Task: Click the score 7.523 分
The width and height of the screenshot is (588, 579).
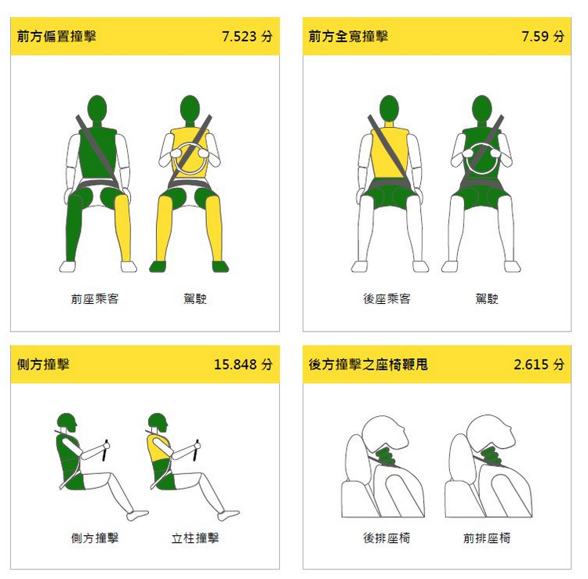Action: click(x=247, y=36)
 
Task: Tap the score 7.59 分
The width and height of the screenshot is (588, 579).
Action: click(x=543, y=36)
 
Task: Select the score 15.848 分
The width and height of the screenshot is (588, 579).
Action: click(x=243, y=364)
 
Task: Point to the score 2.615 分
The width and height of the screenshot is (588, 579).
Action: click(x=539, y=364)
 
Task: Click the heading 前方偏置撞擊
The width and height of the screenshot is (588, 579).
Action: click(x=56, y=36)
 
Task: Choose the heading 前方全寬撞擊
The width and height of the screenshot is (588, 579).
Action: click(x=348, y=36)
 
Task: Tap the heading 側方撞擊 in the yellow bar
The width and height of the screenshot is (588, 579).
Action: click(x=43, y=364)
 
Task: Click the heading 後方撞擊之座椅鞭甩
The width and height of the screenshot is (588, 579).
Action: click(x=368, y=364)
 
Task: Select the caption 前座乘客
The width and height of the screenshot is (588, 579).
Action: click(x=95, y=299)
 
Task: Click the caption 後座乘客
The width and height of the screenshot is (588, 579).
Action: click(x=387, y=299)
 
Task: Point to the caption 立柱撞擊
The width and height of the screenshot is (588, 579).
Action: click(x=195, y=538)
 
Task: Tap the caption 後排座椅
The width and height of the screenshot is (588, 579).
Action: click(x=387, y=538)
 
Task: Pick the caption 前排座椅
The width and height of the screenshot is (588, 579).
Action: click(x=487, y=538)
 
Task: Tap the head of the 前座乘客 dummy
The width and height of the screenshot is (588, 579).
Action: click(x=97, y=108)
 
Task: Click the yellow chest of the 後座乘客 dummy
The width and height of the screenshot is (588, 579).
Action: click(x=389, y=153)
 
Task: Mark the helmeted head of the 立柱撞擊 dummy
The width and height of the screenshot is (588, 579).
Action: click(x=158, y=422)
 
